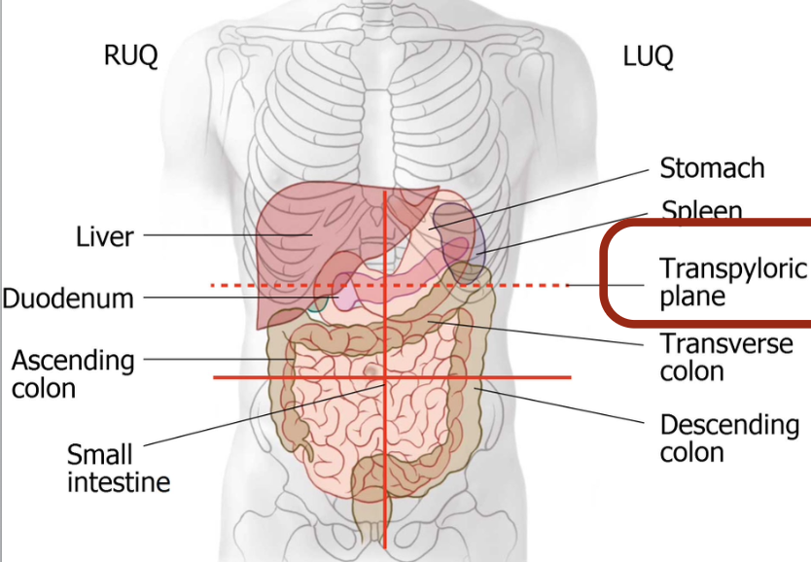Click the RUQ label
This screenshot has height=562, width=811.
tap(129, 56)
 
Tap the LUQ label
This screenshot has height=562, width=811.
tap(648, 56)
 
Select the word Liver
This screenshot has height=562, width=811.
tap(105, 235)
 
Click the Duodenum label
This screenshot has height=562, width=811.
tap(68, 298)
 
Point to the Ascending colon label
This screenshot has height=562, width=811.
tap(73, 373)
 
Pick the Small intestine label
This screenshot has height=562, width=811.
tap(119, 468)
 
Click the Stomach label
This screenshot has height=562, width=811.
tap(712, 168)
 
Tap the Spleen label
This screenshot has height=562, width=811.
tap(702, 211)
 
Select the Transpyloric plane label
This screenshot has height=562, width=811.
tap(720, 281)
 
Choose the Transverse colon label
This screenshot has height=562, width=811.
tap(725, 357)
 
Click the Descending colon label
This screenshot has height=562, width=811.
tap(729, 439)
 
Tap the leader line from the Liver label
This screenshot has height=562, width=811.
tap(224, 235)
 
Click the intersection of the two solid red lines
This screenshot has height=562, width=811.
tap(386, 376)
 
